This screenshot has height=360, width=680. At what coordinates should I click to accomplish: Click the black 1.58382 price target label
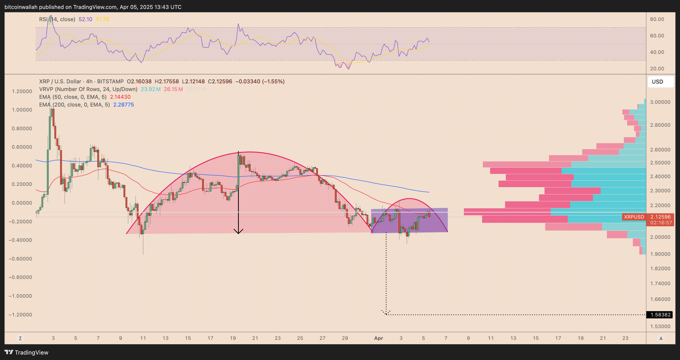tap(660, 315)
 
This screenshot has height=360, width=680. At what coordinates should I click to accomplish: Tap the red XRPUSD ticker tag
tap(634, 217)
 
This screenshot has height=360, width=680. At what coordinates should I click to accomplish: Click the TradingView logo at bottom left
tap(26, 352)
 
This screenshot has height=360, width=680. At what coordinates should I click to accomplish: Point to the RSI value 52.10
tap(85, 20)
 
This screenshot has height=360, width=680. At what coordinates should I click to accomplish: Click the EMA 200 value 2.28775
tap(123, 105)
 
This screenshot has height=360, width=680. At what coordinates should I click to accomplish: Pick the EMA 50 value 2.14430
tap(120, 97)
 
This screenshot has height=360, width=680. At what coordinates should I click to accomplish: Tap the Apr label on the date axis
tap(378, 338)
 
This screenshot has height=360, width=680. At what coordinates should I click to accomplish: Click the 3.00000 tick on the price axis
tap(660, 102)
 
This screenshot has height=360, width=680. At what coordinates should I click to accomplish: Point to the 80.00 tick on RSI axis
tap(657, 19)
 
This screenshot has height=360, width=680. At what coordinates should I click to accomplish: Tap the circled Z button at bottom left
tap(20, 338)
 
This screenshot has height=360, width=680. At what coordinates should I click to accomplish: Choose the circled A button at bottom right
tap(660, 338)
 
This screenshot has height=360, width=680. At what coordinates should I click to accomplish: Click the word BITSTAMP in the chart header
tap(110, 82)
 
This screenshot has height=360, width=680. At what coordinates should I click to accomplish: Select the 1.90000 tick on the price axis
tap(660, 254)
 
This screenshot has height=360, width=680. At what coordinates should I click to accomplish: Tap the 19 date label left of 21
tap(233, 338)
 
